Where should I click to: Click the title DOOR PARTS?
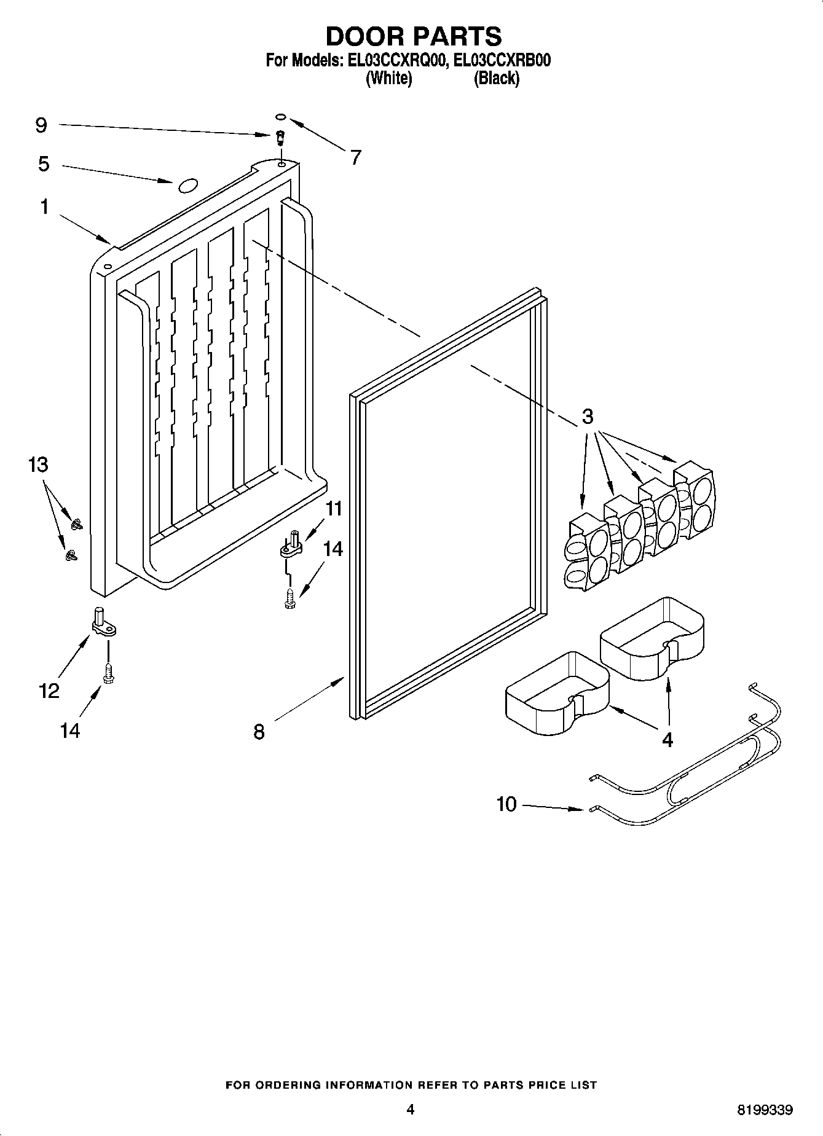tap(413, 36)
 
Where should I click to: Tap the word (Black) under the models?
tap(496, 79)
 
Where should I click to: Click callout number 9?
tap(41, 125)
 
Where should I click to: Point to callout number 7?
tap(355, 157)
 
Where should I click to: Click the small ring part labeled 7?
tap(280, 116)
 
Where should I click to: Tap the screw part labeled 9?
tap(280, 138)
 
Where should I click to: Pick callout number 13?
tap(37, 464)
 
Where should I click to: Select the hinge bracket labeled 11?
tap(290, 546)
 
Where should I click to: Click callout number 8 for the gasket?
tap(259, 731)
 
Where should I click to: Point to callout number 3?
tap(588, 417)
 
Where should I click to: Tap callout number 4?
tap(667, 740)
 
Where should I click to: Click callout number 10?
tap(506, 804)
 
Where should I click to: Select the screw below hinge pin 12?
tap(109, 673)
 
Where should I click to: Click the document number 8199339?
tap(765, 1110)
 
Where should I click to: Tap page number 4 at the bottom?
tap(411, 1109)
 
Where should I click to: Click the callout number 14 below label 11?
tap(333, 549)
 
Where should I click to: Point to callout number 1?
tap(44, 207)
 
